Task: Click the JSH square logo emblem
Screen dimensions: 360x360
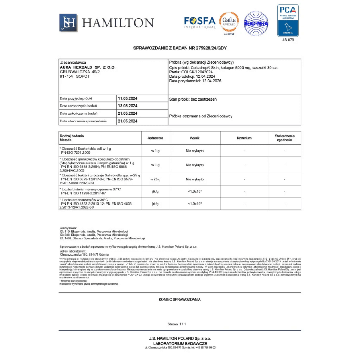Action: [68, 23]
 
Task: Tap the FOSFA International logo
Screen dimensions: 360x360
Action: [200, 22]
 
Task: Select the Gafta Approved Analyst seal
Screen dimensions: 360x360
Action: [229, 23]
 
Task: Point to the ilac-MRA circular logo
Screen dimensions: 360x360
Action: [256, 23]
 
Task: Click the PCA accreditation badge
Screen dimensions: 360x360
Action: [288, 21]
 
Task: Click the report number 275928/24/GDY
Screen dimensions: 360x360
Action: [211, 48]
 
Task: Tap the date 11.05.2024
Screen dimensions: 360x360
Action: [128, 98]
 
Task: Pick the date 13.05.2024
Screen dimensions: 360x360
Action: [128, 106]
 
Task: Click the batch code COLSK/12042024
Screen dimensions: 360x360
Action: [197, 72]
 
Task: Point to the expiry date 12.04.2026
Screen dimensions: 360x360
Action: [212, 81]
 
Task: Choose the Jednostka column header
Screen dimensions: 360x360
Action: [155, 138]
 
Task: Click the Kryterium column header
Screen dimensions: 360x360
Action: [244, 138]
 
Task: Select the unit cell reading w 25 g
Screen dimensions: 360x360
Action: [155, 179]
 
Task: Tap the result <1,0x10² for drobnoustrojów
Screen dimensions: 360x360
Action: [195, 204]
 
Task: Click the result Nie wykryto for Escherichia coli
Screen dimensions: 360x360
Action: [195, 151]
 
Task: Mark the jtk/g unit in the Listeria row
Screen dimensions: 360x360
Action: [155, 192]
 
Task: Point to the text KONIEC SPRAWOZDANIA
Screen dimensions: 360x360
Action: [180, 299]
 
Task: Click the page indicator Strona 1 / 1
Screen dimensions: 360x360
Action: [177, 324]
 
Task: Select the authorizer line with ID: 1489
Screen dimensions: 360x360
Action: [103, 238]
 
